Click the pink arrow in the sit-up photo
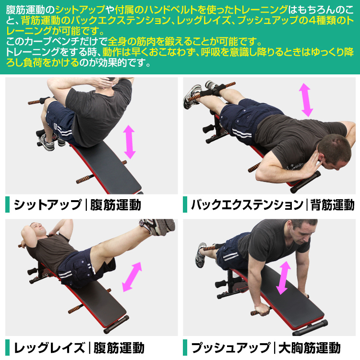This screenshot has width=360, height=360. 130,142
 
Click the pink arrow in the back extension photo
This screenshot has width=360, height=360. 306,100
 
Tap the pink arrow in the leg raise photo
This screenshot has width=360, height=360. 132,277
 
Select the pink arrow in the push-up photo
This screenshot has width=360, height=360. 283,278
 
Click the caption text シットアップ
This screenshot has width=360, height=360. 48,205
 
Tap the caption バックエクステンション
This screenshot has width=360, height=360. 247,205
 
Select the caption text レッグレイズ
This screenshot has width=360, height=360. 49,348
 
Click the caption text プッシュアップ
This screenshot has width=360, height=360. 231,348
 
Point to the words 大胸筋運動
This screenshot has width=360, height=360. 309,348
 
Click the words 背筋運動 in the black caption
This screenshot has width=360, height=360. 333,205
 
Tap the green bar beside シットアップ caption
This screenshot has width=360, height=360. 7,204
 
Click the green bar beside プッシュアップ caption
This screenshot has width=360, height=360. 185,348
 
